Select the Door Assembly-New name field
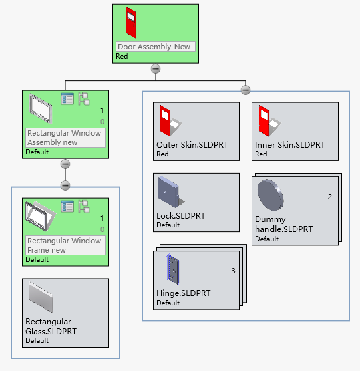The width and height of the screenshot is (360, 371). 156,47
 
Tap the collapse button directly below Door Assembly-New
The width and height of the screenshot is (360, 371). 156,68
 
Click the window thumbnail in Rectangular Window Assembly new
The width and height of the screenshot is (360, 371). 41,108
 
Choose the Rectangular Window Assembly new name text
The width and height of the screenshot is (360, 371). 65,138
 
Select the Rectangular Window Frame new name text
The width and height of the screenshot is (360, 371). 65,245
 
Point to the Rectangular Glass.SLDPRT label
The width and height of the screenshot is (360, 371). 51,326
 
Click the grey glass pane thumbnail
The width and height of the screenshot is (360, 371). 41,297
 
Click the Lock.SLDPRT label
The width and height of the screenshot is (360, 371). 180,216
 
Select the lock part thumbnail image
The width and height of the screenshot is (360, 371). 169,193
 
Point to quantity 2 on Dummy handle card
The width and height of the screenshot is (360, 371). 329,197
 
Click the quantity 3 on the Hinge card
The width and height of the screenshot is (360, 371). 233,271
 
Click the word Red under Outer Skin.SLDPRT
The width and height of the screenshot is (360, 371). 162,154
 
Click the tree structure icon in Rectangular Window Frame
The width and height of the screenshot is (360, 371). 84,207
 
